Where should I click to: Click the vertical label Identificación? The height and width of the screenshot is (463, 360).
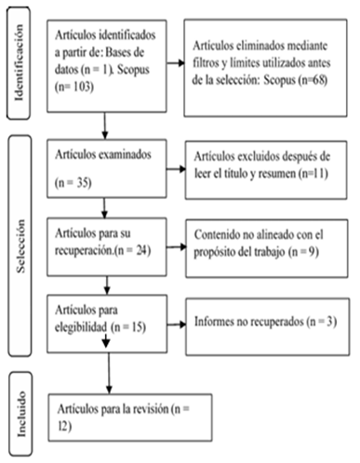point(19,63)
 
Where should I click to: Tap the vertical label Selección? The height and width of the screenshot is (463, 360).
point(20,245)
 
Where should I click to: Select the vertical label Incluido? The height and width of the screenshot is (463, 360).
point(21,414)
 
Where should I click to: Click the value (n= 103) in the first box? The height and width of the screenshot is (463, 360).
point(74,86)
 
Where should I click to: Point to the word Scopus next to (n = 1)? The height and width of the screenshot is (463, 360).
point(133,69)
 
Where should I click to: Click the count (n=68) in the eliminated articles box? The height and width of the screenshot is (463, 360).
point(313,80)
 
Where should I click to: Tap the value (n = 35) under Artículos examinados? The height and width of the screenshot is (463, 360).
point(73,182)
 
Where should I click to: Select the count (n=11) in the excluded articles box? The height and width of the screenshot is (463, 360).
point(313,173)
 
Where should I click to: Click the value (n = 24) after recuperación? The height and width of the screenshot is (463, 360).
point(132,250)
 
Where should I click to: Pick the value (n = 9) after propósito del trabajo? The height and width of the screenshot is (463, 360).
point(303,252)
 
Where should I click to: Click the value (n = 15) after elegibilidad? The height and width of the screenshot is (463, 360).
point(128,327)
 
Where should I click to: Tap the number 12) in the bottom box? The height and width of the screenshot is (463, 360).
point(65,427)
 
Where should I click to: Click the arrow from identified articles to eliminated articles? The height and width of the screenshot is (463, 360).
point(176,63)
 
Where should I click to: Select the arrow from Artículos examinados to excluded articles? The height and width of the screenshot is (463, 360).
point(176,169)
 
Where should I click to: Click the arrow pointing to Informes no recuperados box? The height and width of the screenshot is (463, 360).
point(177,324)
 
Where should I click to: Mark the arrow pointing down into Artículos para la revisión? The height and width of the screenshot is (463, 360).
point(109,374)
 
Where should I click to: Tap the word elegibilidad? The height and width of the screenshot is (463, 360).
point(81,327)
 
